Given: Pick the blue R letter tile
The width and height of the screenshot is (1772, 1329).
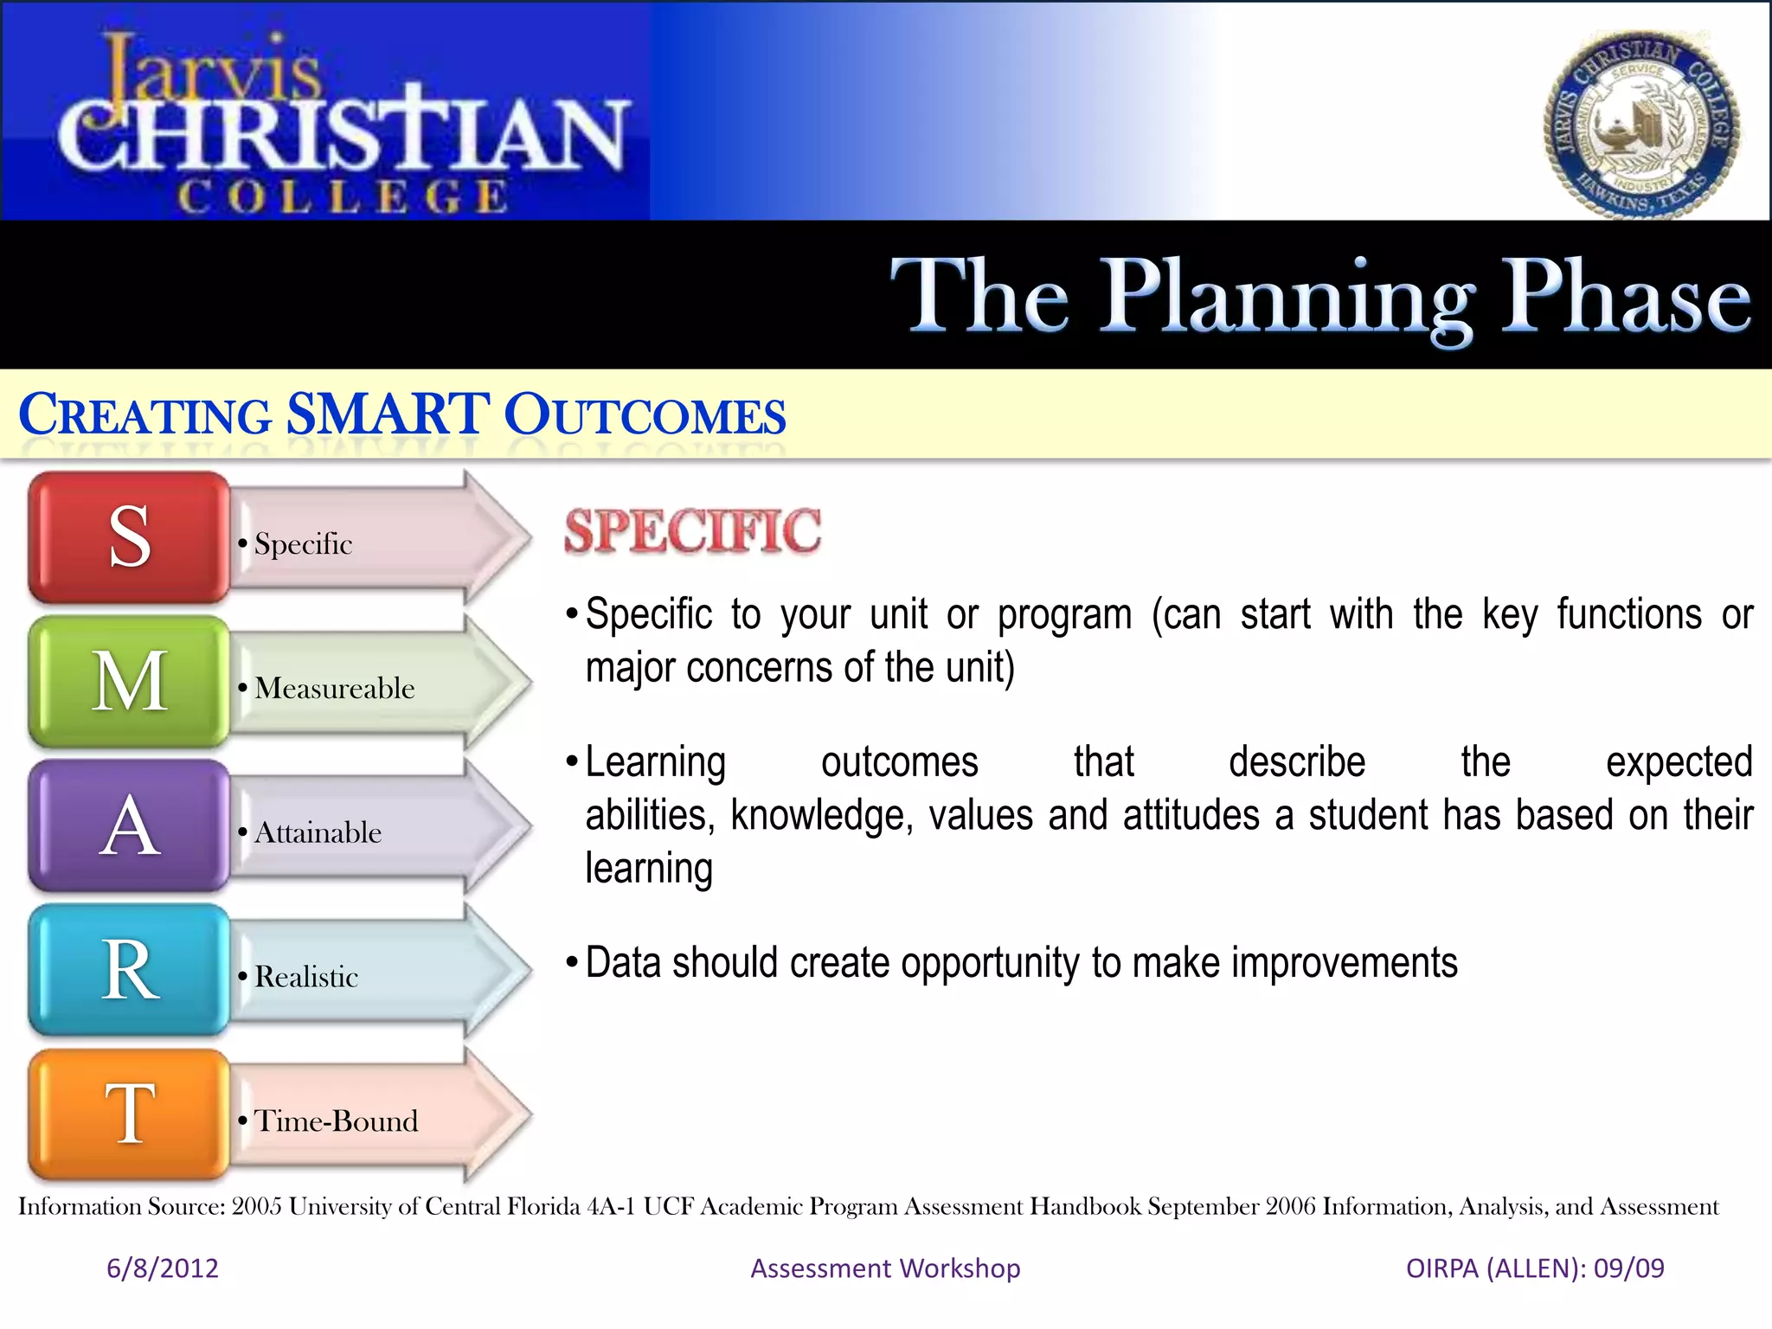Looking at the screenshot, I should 129,971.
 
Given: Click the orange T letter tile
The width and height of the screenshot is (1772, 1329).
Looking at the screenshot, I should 129,1115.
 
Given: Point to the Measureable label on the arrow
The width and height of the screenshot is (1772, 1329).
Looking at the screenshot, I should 334,689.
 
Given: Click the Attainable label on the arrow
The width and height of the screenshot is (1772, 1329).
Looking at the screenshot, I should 318,833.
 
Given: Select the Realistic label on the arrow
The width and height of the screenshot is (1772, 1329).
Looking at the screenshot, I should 306,978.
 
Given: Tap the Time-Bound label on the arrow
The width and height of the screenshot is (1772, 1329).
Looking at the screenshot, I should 336,1121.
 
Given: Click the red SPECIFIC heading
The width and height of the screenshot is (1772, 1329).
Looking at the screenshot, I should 692,531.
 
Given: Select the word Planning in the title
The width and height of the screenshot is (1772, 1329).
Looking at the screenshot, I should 1287,299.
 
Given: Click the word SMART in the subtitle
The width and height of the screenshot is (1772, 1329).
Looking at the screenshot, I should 388,414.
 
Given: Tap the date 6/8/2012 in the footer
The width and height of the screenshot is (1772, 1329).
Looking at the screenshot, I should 162,1268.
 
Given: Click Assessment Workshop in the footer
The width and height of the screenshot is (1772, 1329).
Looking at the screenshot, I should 885,1268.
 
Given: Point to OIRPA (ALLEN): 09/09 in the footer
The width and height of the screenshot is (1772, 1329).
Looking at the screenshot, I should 1535,1268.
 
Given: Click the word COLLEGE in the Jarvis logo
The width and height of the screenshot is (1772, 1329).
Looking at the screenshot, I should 343,196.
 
